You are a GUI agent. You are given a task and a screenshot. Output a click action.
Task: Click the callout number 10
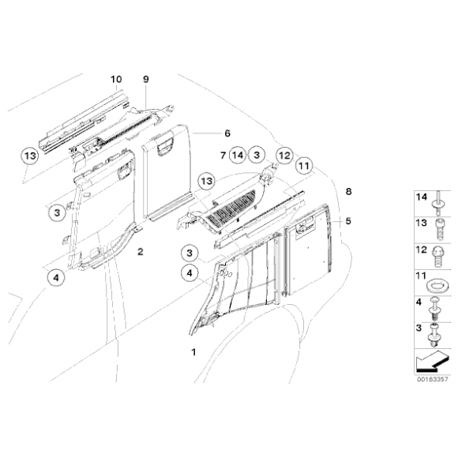click(x=116, y=79)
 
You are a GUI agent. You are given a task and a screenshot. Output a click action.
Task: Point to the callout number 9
click(x=145, y=79)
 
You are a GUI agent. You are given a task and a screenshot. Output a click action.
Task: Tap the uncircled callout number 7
click(x=223, y=156)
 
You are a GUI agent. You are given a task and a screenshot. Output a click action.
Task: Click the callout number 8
click(x=348, y=191)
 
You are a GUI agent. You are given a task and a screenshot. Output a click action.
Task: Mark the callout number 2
click(x=140, y=252)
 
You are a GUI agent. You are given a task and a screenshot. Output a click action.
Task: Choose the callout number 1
click(x=189, y=348)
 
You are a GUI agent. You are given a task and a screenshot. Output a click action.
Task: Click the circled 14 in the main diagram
click(x=238, y=156)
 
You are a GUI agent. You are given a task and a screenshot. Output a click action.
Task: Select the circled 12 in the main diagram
click(x=284, y=156)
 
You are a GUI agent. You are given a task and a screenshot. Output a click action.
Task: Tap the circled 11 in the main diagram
click(x=305, y=167)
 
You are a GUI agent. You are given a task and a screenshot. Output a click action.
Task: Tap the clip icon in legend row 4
click(x=435, y=306)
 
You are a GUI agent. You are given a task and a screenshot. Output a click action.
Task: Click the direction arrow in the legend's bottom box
click(x=429, y=362)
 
